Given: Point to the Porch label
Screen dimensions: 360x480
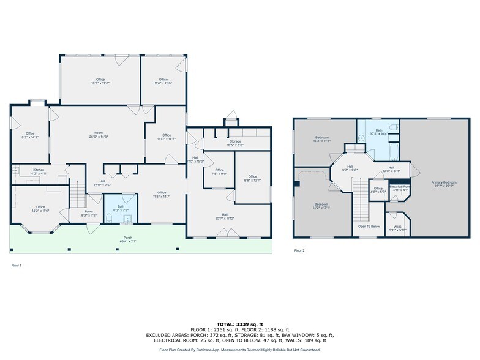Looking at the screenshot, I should pyautogui.click(x=128, y=239).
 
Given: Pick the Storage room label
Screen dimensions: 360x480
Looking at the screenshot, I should pyautogui.click(x=235, y=143).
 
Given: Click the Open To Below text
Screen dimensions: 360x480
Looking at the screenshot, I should pyautogui.click(x=369, y=226).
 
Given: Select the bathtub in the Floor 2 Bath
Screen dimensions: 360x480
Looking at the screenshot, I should pyautogui.click(x=392, y=148).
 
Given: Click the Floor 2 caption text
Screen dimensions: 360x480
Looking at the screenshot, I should pyautogui.click(x=299, y=250).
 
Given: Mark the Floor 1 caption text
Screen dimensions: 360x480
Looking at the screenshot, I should pyautogui.click(x=16, y=265).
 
